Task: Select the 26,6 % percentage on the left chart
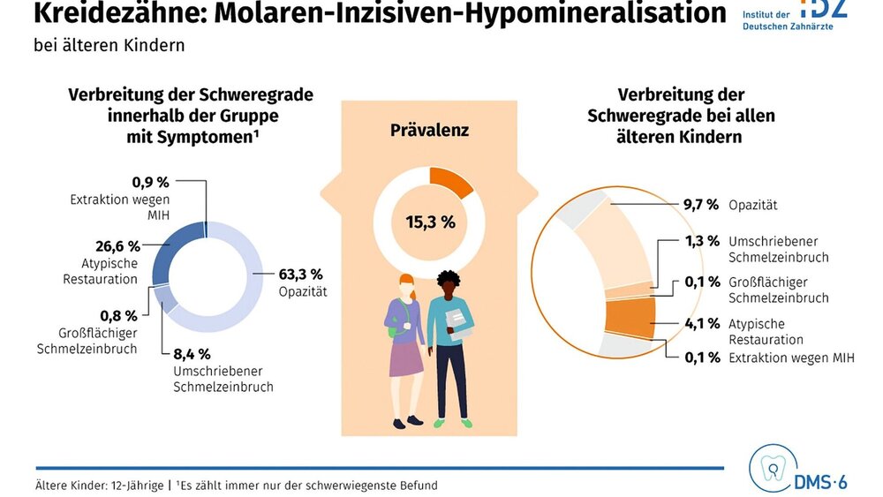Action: [x=117, y=245]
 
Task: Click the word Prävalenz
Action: [x=429, y=131]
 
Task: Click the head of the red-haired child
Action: [x=406, y=287]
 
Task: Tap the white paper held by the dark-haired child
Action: [x=457, y=324]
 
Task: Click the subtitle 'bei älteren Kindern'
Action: [x=109, y=45]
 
